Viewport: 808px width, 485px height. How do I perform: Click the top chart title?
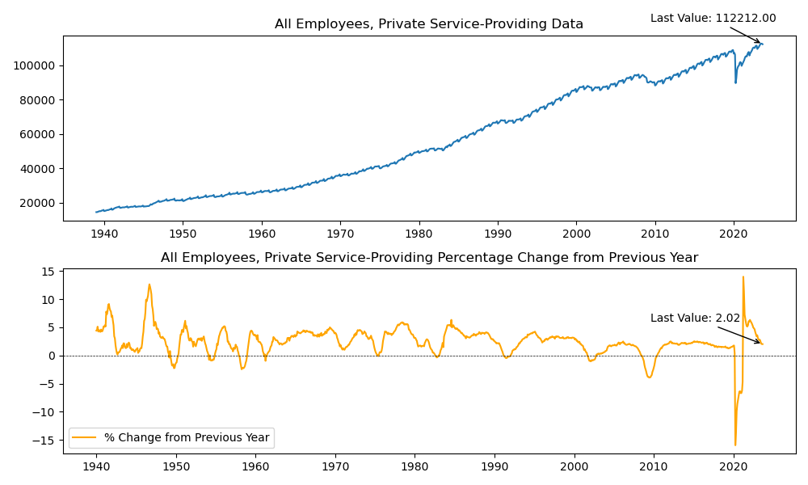coord(428,24)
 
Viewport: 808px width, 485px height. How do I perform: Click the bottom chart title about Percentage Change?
coord(429,258)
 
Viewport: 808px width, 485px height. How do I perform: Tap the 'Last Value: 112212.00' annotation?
coord(713,19)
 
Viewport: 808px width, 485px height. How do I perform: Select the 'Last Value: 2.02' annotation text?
coord(695,318)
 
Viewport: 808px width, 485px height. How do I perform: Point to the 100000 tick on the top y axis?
coord(39,65)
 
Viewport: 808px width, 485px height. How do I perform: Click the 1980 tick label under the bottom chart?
coord(415,466)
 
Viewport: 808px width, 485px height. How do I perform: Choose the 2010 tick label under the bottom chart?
coord(654,466)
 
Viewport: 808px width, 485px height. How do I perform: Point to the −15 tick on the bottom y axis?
coord(48,441)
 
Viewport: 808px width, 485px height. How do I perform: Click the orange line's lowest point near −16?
coord(735,445)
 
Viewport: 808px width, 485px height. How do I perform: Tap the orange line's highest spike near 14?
coord(743,277)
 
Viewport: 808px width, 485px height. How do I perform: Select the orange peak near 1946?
coord(149,285)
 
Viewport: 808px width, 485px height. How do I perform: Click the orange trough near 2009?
coord(649,377)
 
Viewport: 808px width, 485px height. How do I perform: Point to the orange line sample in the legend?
coord(86,437)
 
